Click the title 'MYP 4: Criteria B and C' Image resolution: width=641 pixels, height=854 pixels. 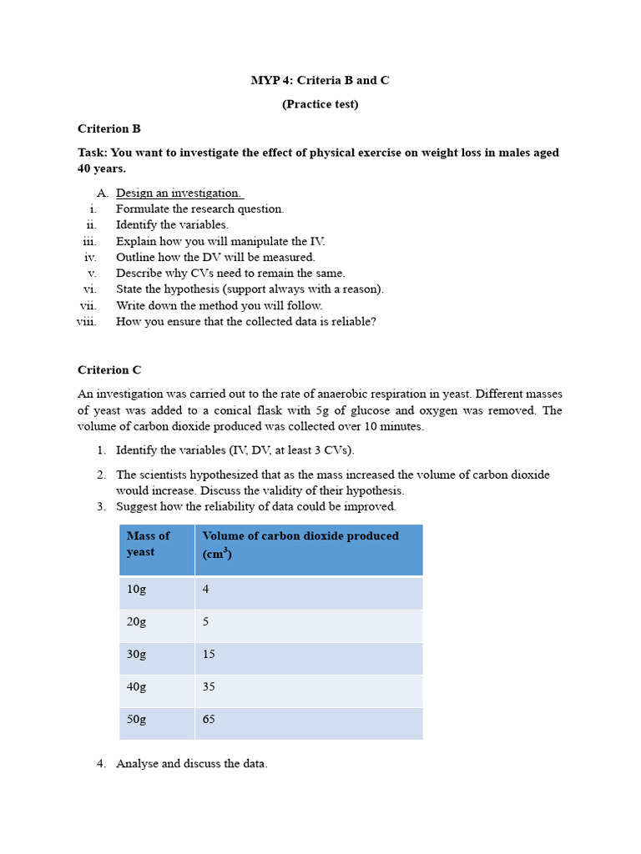coord(320,81)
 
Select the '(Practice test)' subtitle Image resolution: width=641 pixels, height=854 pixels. coord(320,104)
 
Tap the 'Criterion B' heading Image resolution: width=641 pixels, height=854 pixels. coord(109,128)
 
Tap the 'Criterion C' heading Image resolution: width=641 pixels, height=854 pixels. coord(109,369)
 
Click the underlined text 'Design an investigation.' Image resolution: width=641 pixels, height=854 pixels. coord(179,193)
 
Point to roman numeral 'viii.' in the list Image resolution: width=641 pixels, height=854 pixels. coord(87,321)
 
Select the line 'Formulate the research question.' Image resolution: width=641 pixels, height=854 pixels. coord(199,208)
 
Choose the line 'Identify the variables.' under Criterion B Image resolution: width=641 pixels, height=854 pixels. coord(172,224)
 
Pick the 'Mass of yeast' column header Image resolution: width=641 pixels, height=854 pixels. coord(149,544)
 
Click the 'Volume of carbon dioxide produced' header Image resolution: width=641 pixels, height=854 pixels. coord(300,536)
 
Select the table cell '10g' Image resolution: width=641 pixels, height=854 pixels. coord(136,589)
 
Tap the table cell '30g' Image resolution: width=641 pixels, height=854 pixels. coord(136,655)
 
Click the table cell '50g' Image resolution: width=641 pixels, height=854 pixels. coord(136,719)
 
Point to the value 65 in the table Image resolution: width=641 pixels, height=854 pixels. coord(209,719)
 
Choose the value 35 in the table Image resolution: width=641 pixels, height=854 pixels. coord(209,687)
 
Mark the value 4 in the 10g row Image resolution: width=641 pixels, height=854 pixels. coord(205,589)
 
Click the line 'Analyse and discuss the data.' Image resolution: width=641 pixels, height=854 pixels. coord(191,764)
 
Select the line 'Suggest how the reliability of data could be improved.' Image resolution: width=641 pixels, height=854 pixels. coord(255,506)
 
